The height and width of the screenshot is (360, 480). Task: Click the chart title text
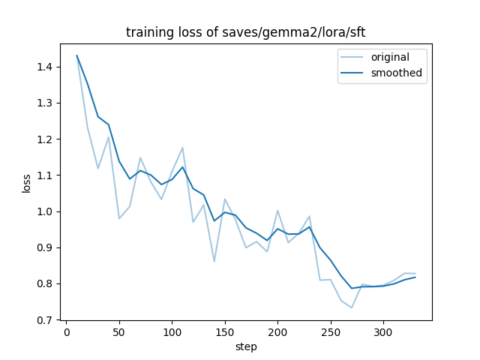(245, 32)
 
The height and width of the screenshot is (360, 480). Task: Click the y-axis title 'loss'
(26, 183)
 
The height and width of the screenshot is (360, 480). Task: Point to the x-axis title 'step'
(246, 346)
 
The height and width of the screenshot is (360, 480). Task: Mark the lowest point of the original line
(352, 307)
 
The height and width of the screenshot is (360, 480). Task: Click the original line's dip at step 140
(214, 261)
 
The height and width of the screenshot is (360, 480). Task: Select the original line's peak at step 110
(182, 148)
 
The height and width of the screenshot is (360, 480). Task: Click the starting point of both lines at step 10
(76, 55)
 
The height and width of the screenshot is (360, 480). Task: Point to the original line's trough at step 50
(119, 218)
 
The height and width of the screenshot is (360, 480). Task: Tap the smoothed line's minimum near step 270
(352, 288)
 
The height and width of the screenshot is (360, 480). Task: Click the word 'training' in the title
(143, 32)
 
